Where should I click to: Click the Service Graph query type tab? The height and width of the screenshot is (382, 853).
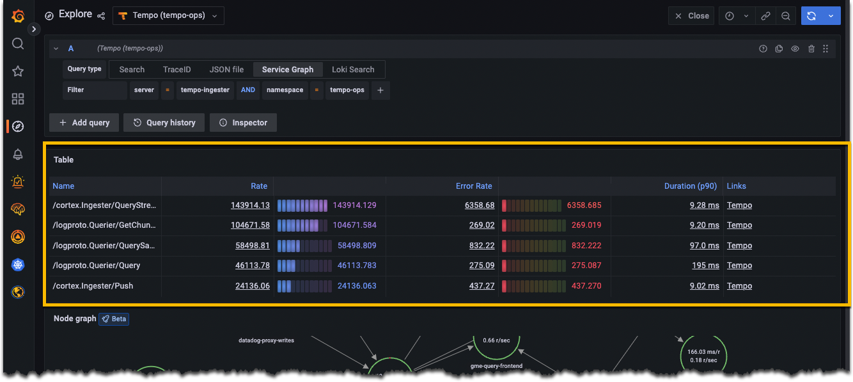pos(287,69)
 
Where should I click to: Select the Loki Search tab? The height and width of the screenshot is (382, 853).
pos(353,69)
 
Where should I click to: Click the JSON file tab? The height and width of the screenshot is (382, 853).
pos(226,69)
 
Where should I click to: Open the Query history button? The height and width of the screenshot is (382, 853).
pos(164,122)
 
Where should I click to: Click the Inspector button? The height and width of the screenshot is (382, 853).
pos(243,122)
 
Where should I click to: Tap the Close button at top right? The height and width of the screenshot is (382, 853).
pos(692,16)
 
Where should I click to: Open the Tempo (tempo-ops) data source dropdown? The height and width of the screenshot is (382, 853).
pos(169,15)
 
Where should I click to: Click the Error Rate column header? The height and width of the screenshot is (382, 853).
pos(474,186)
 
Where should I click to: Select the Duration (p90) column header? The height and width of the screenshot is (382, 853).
pos(691,186)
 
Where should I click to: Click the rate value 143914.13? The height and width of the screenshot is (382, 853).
pos(250,205)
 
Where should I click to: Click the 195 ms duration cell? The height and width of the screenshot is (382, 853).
pos(705,266)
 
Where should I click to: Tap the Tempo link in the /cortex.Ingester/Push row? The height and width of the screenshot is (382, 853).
pos(739,286)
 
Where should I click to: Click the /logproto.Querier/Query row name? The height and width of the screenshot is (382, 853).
pos(97,266)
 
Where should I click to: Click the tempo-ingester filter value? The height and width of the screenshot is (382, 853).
pos(205,90)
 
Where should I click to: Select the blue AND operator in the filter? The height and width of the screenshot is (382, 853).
pos(248,90)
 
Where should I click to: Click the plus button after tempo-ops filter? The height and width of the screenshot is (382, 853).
pos(380,90)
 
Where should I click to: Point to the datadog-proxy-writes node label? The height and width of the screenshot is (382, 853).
pos(266,340)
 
